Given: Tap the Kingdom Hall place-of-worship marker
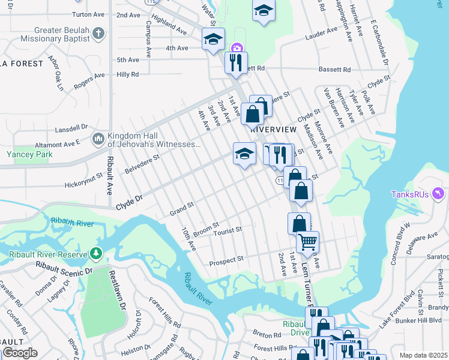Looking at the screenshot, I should click(98, 140).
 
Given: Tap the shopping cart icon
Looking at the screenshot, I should click(307, 242).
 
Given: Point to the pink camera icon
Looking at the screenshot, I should click(237, 48).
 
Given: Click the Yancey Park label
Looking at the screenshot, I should click(29, 154).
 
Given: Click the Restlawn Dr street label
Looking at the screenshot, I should click(117, 289).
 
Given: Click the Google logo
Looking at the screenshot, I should click(20, 353).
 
